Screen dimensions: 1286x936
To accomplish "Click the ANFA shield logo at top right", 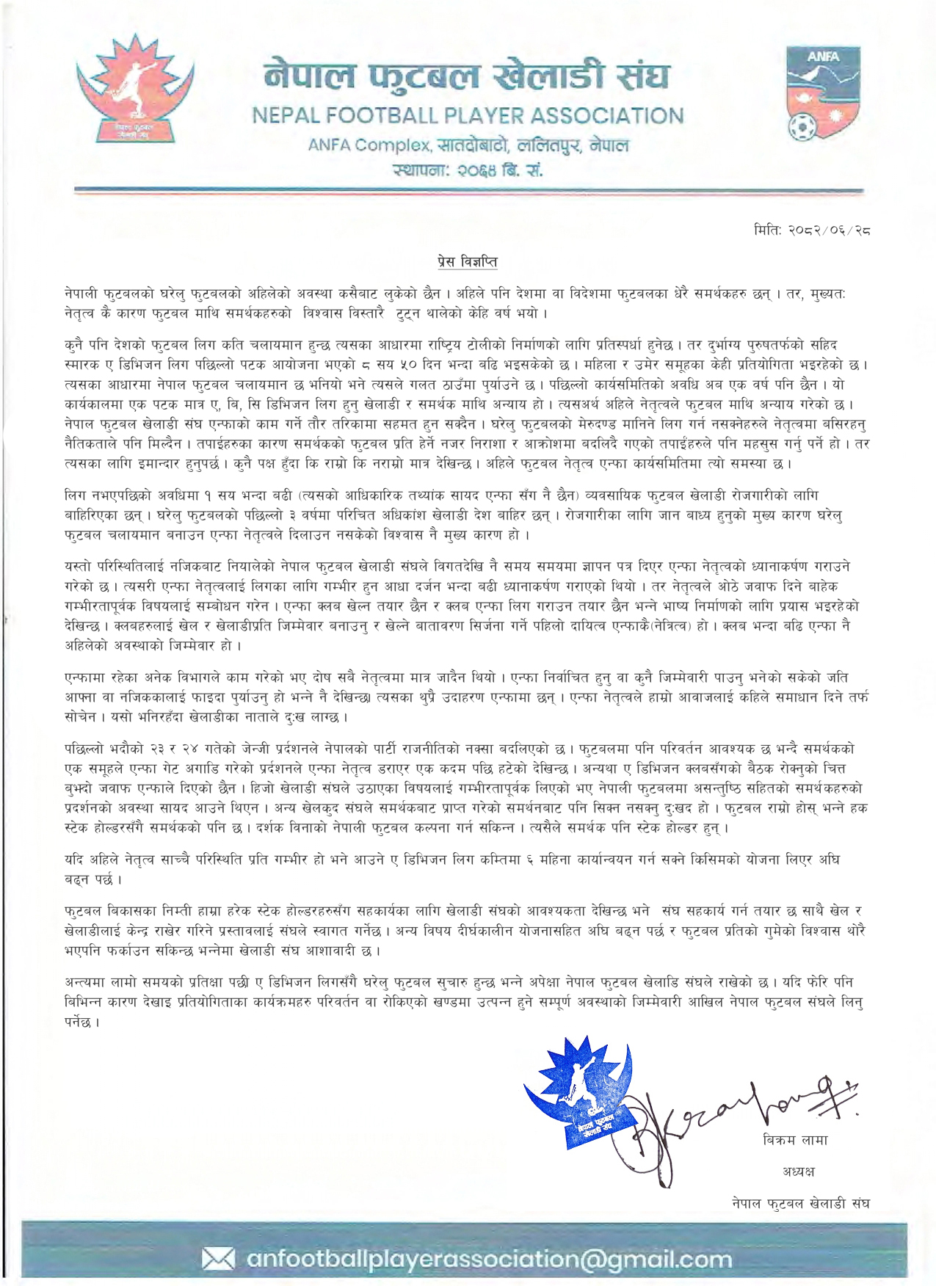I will pyautogui.click(x=822, y=94).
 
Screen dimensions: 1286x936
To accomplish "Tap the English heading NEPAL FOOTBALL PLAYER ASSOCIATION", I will pyautogui.click(x=468, y=116).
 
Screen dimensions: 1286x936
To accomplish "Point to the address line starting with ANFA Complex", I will pyautogui.click(x=468, y=145).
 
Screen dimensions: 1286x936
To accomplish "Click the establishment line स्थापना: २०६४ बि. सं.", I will pyautogui.click(x=468, y=171).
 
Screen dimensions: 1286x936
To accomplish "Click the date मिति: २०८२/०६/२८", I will pyautogui.click(x=811, y=230).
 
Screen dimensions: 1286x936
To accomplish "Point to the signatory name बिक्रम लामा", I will pyautogui.click(x=795, y=1140).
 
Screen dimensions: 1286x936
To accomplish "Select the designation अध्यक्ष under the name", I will pyautogui.click(x=798, y=1171).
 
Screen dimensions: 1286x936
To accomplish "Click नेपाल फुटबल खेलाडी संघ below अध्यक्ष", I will pyautogui.click(x=800, y=1204).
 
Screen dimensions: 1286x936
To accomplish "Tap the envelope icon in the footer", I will pyautogui.click(x=218, y=1260).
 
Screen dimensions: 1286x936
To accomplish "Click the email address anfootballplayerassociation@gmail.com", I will pyautogui.click(x=489, y=1260).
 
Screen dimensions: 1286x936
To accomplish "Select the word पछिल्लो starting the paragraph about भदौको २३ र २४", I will pyautogui.click(x=88, y=749).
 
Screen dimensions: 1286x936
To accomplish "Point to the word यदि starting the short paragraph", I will pyautogui.click(x=74, y=860).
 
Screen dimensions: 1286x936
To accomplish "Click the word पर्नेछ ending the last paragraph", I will pyautogui.click(x=81, y=1022).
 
